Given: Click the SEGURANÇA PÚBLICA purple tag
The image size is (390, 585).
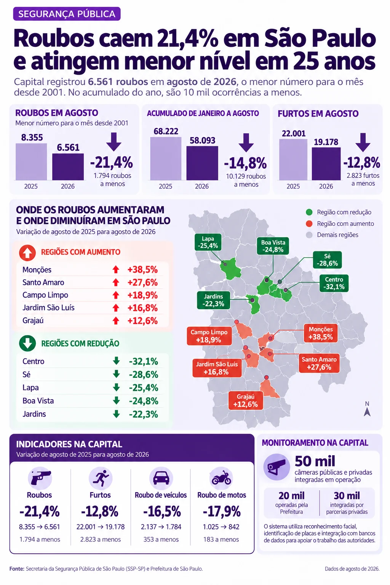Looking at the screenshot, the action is (x=67, y=14).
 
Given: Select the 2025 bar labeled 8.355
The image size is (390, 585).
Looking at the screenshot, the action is (x=31, y=161).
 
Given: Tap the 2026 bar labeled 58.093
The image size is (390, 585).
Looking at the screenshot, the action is (x=202, y=163).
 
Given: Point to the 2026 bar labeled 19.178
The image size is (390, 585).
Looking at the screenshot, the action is (x=326, y=164).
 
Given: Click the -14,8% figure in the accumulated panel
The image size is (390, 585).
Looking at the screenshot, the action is (x=246, y=163).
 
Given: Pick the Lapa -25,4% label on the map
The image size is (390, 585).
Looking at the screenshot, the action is (x=208, y=242).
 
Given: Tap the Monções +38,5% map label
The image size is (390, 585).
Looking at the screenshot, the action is (x=321, y=333).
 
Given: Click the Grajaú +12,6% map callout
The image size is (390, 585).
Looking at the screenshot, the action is (x=246, y=400).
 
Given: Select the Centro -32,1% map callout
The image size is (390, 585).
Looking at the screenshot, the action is (x=334, y=283).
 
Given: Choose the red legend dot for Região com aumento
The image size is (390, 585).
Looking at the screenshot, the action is (x=309, y=224).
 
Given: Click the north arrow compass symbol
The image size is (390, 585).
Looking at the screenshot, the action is (x=367, y=409).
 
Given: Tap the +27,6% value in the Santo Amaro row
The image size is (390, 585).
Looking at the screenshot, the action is (x=142, y=283).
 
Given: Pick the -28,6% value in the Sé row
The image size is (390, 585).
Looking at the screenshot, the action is (x=144, y=374).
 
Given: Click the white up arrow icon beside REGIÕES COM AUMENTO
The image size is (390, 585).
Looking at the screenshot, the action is (x=27, y=253).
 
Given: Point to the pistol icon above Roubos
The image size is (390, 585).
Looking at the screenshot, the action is (x=40, y=478).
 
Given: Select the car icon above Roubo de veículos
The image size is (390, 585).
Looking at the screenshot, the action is (x=161, y=478).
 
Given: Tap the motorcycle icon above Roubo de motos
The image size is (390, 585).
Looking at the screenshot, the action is (x=222, y=478).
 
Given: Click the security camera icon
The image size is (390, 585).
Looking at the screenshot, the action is (x=277, y=467).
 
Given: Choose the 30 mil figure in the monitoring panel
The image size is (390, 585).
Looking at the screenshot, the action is (x=347, y=495).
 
